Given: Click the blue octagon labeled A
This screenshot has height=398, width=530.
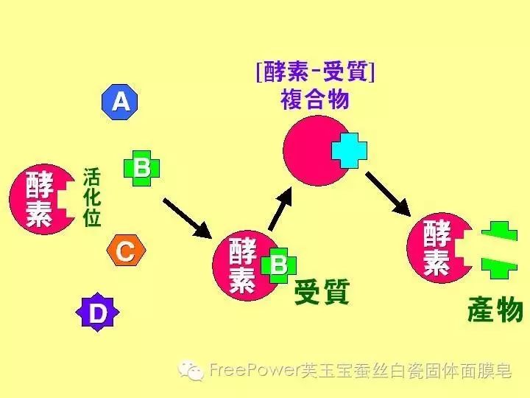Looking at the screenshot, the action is [x=120, y=102].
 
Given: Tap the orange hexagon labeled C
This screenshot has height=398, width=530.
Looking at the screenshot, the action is [x=125, y=252].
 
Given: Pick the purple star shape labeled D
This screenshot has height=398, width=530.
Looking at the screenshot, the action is [x=98, y=313].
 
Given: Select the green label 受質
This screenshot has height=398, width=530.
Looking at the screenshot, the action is [x=321, y=293].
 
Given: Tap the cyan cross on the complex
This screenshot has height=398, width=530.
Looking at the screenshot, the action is [x=349, y=150].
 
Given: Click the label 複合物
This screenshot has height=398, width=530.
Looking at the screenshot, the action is [x=314, y=99].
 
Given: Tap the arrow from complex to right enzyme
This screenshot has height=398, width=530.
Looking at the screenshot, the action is [x=388, y=193].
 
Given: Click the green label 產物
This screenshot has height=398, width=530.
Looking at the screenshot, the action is [x=495, y=311].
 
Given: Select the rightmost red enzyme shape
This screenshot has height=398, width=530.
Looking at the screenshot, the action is [x=438, y=247].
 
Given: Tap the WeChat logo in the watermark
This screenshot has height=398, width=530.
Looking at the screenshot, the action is [x=193, y=370].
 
